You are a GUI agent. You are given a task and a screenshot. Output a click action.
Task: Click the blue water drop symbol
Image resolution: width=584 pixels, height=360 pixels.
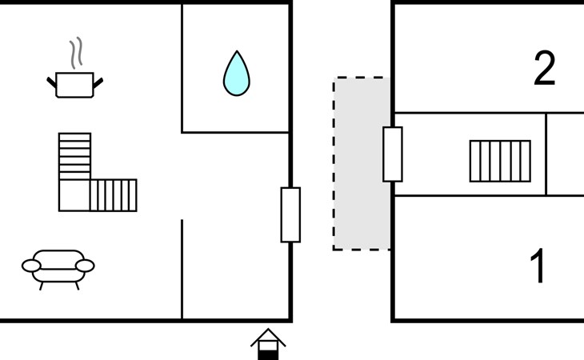pos(236,74)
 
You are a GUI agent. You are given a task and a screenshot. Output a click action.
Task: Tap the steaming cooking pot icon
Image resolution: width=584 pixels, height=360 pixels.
pos(75,83)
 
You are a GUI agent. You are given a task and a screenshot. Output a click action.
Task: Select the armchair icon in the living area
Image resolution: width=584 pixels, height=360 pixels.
pos(58,266)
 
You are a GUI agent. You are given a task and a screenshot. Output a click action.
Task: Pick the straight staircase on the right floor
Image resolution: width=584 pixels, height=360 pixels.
pos(499,161)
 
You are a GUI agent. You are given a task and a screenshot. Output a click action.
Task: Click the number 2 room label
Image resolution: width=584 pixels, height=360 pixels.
pos(544,70)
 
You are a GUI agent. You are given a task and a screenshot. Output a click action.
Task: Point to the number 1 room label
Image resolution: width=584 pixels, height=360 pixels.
pos(539,266)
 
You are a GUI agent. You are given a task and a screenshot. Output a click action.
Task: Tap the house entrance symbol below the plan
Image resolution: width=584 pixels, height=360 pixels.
pos(268,344)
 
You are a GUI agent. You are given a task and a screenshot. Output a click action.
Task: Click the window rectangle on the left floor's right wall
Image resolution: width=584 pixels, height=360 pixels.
pos(290,214)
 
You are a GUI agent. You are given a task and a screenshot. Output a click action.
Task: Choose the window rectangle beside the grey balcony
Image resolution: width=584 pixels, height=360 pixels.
pos(392,154)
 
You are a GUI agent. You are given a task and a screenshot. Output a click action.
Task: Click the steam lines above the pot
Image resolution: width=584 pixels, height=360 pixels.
pos(76,54)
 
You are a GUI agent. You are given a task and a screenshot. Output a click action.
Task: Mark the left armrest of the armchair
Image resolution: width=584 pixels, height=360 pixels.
pos(31,265)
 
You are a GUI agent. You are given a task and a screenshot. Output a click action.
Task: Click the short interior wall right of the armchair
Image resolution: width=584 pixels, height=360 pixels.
pos(182,269)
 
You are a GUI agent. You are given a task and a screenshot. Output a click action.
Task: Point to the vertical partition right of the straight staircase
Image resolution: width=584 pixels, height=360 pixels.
pos(546,154)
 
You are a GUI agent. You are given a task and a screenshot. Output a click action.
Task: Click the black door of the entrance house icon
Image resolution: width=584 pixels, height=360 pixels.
pos(268,352)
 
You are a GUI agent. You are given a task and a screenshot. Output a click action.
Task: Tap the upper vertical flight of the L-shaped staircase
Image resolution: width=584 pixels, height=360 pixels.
pos(74,155)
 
